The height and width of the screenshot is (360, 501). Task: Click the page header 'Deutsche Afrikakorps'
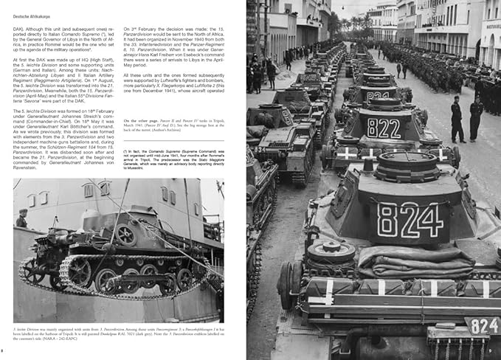(x=30, y=6)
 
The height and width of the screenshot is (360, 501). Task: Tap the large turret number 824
(x=410, y=221)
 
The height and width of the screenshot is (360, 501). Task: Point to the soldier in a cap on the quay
(x=22, y=218)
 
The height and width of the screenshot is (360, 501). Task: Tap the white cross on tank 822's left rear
(x=345, y=153)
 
